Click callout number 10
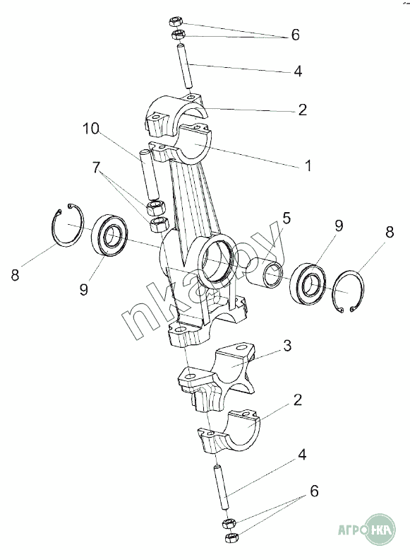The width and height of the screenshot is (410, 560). click(x=90, y=129)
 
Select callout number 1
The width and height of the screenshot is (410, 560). click(x=308, y=165)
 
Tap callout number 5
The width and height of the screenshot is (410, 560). click(x=287, y=218)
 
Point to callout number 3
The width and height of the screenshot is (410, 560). click(x=287, y=345)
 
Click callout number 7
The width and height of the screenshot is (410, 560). click(x=96, y=168)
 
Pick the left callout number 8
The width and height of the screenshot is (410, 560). click(x=15, y=275)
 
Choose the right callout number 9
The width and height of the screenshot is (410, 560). click(x=338, y=226)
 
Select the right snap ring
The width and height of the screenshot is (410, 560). click(x=348, y=293)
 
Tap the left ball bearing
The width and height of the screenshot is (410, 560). click(x=111, y=235)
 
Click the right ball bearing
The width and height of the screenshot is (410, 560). click(x=309, y=284)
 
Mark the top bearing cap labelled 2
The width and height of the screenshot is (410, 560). click(x=176, y=115)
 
